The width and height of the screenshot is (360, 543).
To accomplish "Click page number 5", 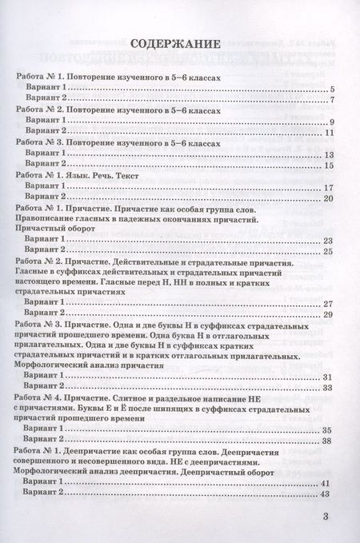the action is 330,89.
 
